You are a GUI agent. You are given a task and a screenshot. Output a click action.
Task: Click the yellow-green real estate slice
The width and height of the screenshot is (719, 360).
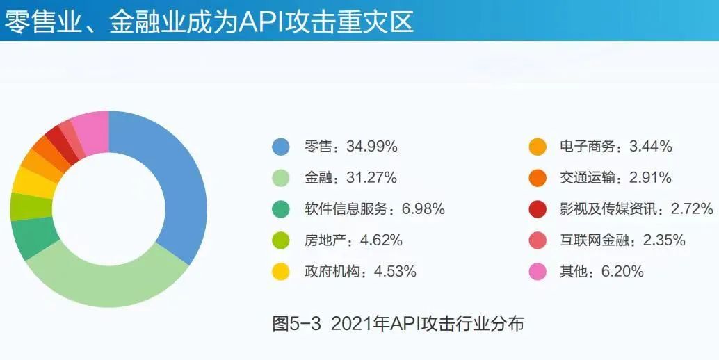point(31,207)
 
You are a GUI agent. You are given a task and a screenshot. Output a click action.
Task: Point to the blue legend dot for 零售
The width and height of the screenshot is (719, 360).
point(281,147)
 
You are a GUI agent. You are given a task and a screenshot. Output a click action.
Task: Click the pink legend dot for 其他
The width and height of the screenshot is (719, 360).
point(538,272)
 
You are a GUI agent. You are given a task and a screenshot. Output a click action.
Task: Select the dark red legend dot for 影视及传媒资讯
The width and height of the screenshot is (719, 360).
point(538,209)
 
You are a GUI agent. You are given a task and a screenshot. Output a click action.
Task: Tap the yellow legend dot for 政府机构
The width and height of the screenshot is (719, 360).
point(281,272)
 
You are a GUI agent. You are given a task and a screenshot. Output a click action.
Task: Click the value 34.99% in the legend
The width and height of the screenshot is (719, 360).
point(372,147)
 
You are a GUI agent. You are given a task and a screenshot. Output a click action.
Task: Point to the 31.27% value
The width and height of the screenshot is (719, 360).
point(371,178)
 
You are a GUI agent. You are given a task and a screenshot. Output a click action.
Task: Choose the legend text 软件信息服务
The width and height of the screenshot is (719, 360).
point(346,209)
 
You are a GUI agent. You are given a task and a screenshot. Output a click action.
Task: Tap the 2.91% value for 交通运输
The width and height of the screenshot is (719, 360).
point(650,178)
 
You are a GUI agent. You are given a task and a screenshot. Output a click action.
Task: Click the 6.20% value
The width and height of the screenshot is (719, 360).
point(622,271)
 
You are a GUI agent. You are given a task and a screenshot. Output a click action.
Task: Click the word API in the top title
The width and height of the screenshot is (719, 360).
point(259,22)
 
